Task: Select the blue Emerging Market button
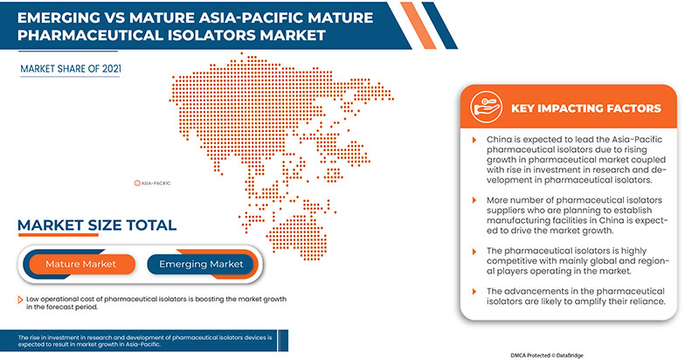click(201, 263)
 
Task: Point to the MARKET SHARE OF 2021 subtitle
click(71, 67)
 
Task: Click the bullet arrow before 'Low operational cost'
click(20, 300)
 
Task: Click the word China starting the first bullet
click(499, 140)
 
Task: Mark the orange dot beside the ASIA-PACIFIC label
click(136, 183)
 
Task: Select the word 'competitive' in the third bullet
click(518, 260)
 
